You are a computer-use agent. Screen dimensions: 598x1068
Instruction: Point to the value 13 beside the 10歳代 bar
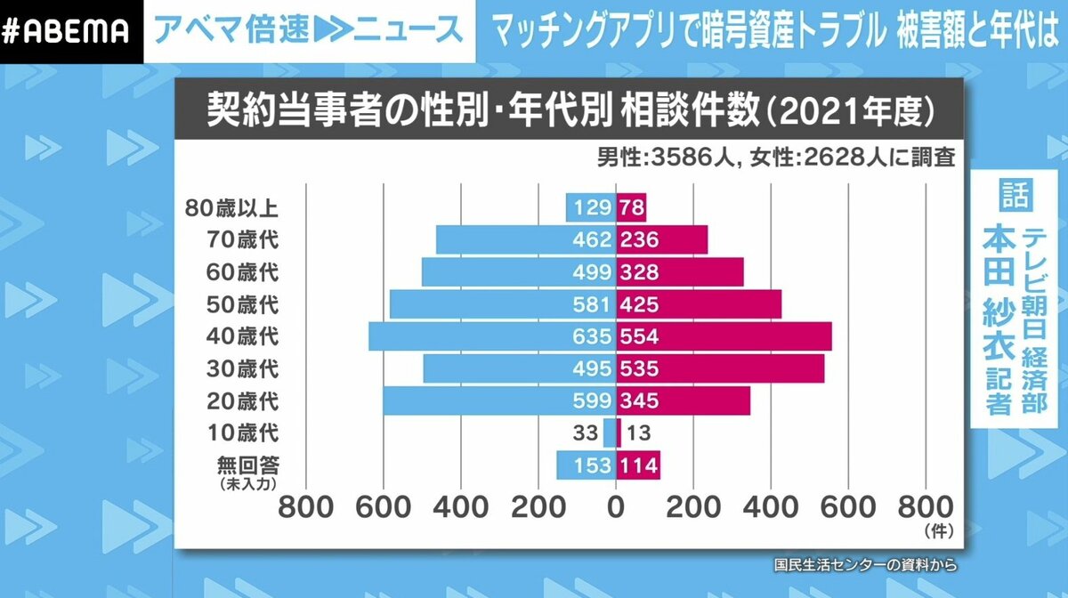[639, 433]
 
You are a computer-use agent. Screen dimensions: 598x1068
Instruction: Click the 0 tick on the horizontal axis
[615, 507]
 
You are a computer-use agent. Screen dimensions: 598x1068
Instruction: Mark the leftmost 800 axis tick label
[306, 507]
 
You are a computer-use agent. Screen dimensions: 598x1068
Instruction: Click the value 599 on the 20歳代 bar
[593, 400]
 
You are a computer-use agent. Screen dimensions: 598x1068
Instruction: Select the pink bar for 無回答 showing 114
[638, 465]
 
